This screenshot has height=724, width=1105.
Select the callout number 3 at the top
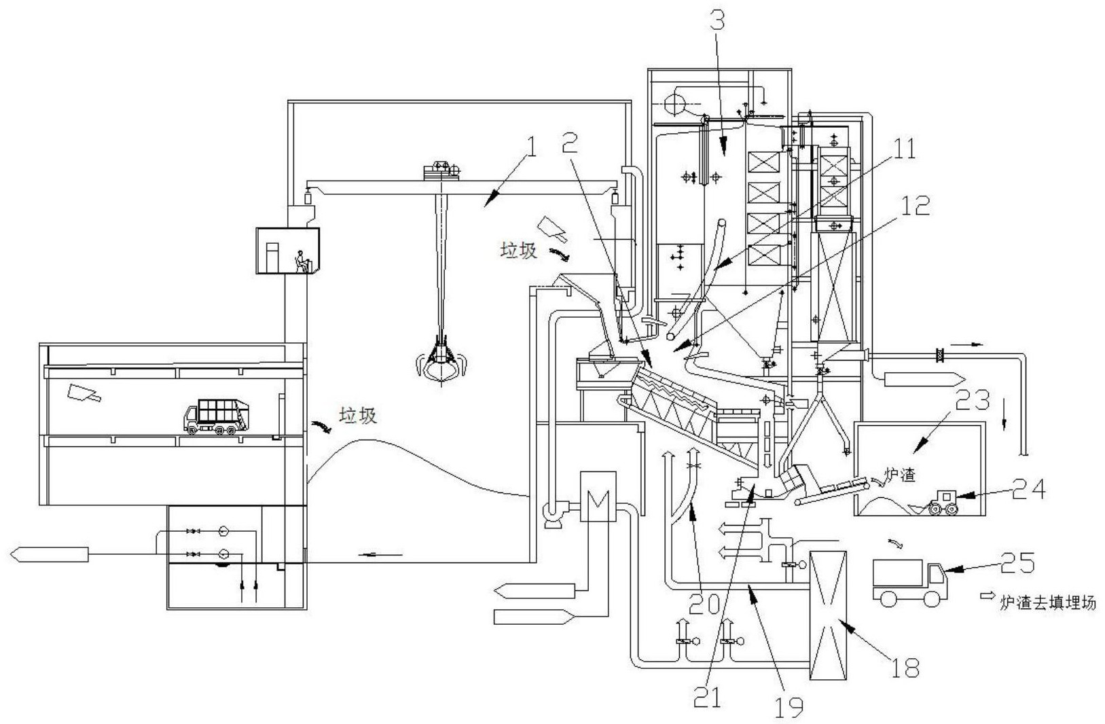pyautogui.click(x=718, y=22)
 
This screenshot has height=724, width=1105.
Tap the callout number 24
pyautogui.click(x=1028, y=488)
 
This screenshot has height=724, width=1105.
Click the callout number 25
pyautogui.click(x=1017, y=564)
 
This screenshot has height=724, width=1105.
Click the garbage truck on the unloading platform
pyautogui.click(x=217, y=417)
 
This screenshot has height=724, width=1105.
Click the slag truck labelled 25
pyautogui.click(x=908, y=582)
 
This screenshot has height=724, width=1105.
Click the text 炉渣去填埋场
pyautogui.click(x=1047, y=602)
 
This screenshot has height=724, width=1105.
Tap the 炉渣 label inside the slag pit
pyautogui.click(x=899, y=475)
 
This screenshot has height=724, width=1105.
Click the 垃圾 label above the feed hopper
pyautogui.click(x=519, y=251)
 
